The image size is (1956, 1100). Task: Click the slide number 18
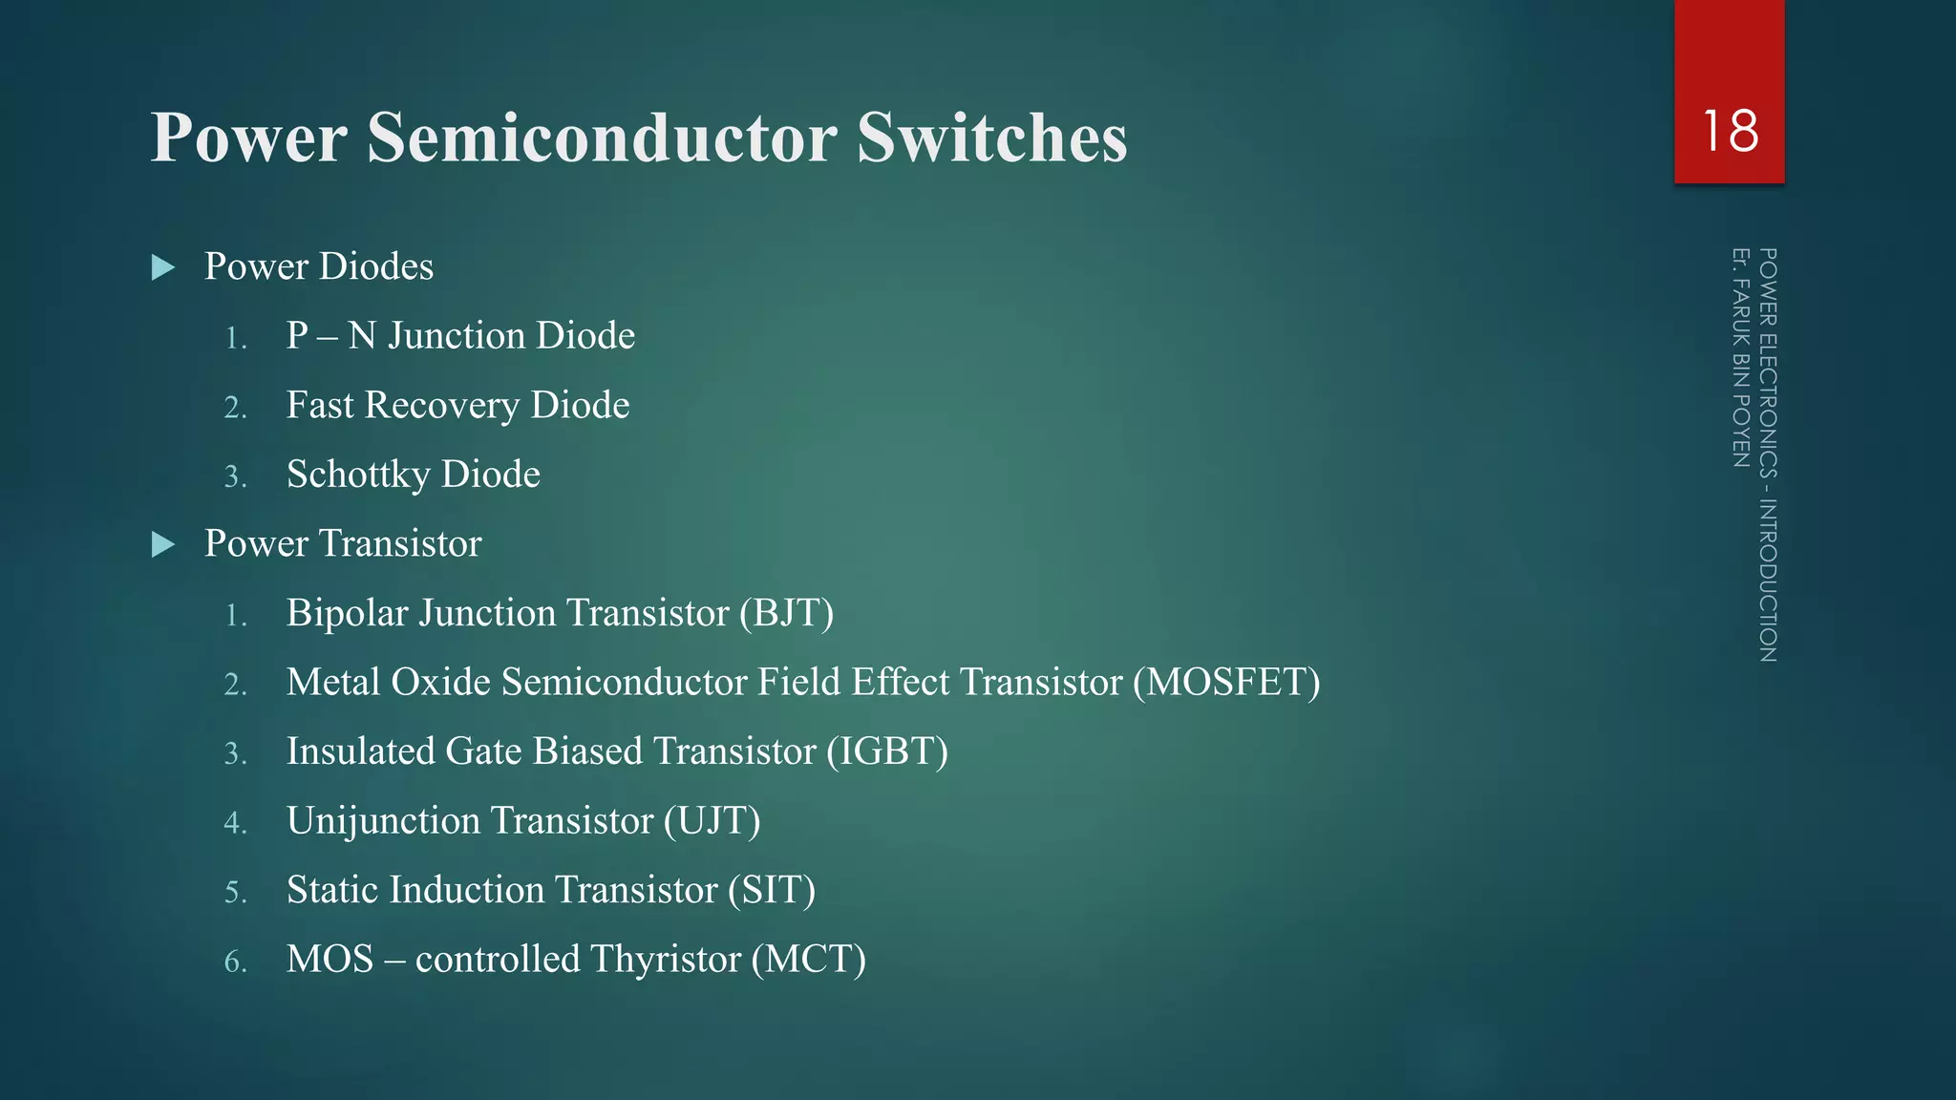[1730, 131]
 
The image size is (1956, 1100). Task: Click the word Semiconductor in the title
[603, 138]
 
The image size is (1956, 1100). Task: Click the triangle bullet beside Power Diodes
[163, 267]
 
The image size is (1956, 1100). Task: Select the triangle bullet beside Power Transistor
[163, 544]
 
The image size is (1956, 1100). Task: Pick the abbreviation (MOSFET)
[1226, 683]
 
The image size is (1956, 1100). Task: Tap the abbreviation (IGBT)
[887, 751]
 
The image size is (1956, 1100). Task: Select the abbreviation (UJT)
[712, 821]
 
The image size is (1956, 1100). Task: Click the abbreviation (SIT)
[771, 890]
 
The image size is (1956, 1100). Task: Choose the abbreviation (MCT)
[808, 960]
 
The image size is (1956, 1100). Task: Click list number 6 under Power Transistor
[235, 962]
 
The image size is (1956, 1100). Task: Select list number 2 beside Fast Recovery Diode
[235, 408]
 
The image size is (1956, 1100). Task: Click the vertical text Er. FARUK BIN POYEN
[1741, 358]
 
